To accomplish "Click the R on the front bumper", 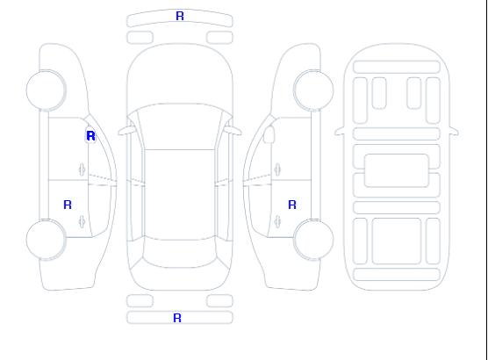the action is click(180, 16).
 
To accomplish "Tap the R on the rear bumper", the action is click(177, 318).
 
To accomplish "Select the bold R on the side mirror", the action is click(90, 136).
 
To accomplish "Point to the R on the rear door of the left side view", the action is click(68, 205).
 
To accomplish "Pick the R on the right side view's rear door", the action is click(292, 205).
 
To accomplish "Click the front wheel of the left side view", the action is click(46, 90).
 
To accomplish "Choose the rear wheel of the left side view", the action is click(46, 240).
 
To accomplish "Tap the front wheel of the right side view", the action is click(313, 90).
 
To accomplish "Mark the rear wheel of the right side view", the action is click(313, 240).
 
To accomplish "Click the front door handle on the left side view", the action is click(82, 169).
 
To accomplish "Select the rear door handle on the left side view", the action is click(82, 221).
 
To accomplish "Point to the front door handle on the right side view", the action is click(277, 169).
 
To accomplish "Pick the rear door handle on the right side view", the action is click(277, 221).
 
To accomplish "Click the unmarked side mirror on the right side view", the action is click(269, 134).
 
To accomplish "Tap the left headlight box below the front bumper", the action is click(140, 38).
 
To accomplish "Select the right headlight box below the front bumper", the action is click(219, 38).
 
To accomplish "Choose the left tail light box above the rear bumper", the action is click(140, 301).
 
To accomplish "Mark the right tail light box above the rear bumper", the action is click(219, 301).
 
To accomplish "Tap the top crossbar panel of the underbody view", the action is click(397, 67).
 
